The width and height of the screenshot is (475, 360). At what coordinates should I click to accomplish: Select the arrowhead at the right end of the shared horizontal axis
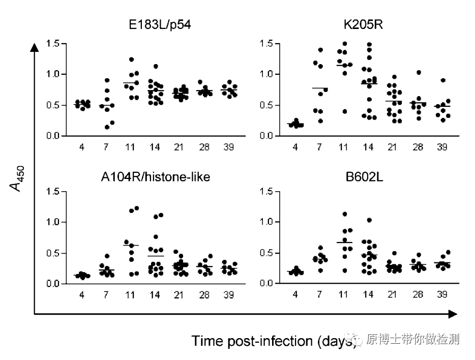click(452, 315)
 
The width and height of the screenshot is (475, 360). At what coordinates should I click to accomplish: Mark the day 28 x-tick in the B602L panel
click(418, 294)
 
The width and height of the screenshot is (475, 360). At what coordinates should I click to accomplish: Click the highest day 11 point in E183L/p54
click(131, 59)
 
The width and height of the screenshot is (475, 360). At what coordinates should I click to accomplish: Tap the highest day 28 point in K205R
click(419, 73)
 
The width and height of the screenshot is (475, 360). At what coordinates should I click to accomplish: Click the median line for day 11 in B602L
click(344, 243)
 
